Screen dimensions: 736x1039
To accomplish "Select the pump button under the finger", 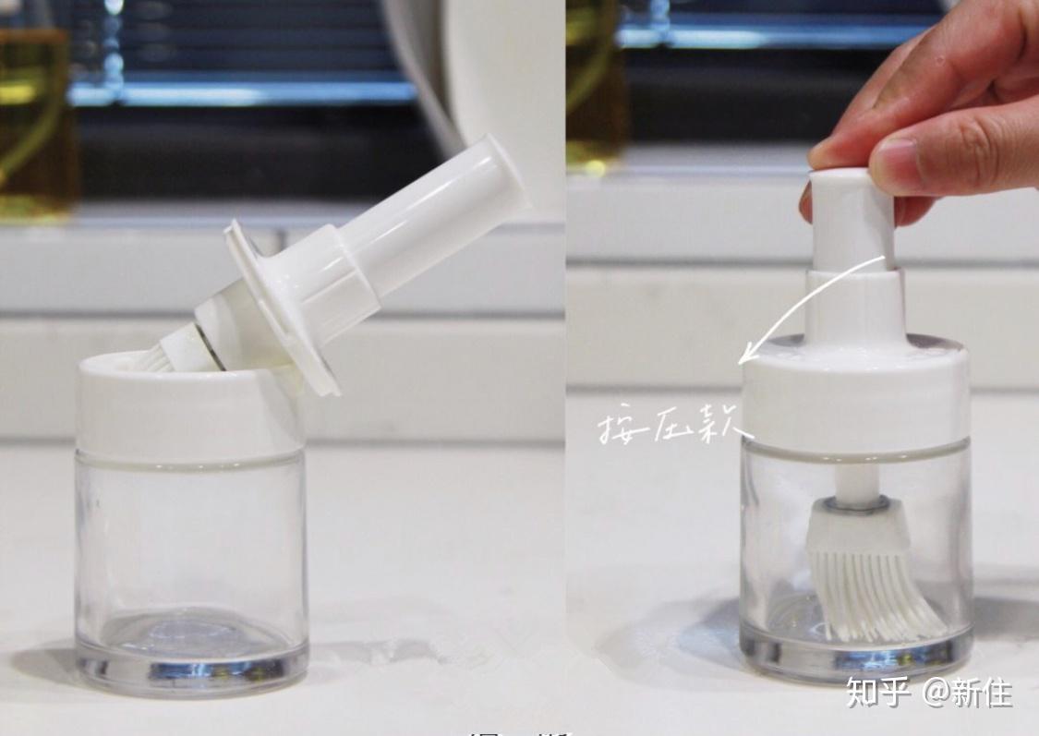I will coord(851,217).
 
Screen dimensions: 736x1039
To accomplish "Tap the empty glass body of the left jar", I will coord(189,545).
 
